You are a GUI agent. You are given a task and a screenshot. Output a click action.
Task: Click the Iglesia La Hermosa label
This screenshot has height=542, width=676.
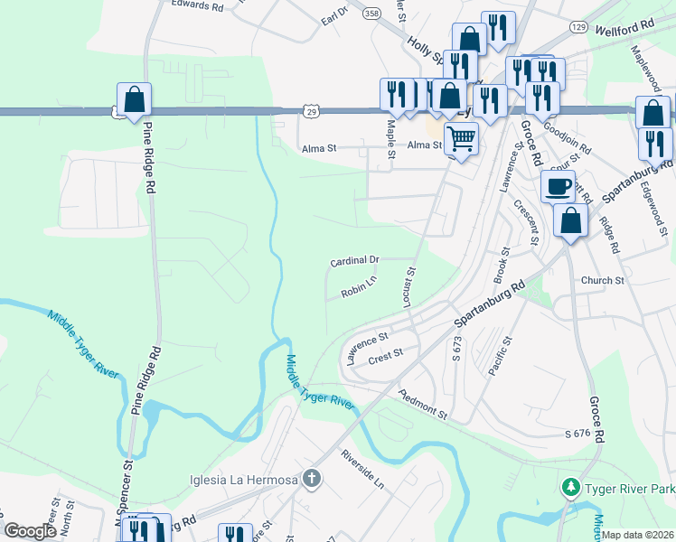[x=242, y=479]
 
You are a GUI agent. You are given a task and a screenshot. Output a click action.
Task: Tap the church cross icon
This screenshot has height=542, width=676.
[x=312, y=478]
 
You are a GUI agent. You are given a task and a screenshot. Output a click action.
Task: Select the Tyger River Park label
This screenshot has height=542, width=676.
[x=628, y=489]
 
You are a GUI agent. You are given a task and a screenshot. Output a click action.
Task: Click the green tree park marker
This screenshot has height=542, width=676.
[x=570, y=489]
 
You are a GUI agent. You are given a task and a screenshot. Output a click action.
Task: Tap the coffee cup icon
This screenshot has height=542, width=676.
[x=558, y=187]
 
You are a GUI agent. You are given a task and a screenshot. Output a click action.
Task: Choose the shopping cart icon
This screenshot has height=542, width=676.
[x=461, y=139]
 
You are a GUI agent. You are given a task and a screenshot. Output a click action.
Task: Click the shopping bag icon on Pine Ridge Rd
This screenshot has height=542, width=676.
[x=134, y=99]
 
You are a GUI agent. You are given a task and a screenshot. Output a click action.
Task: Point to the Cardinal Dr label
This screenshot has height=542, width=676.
[x=354, y=260]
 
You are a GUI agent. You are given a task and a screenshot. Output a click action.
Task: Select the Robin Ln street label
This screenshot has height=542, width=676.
[x=358, y=293]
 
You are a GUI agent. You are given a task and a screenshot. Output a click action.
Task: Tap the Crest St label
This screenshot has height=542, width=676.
[x=385, y=360]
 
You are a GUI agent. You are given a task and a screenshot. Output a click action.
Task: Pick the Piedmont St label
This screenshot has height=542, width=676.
[x=423, y=405]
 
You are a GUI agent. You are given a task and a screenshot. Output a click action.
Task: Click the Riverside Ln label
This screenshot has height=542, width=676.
[x=362, y=470]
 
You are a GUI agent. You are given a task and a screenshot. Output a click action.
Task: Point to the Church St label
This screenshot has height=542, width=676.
[x=603, y=281]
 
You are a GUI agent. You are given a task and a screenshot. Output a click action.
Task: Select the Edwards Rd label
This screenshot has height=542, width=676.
[x=197, y=6]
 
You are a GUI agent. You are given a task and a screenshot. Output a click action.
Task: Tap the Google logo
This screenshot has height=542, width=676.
[x=30, y=531]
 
